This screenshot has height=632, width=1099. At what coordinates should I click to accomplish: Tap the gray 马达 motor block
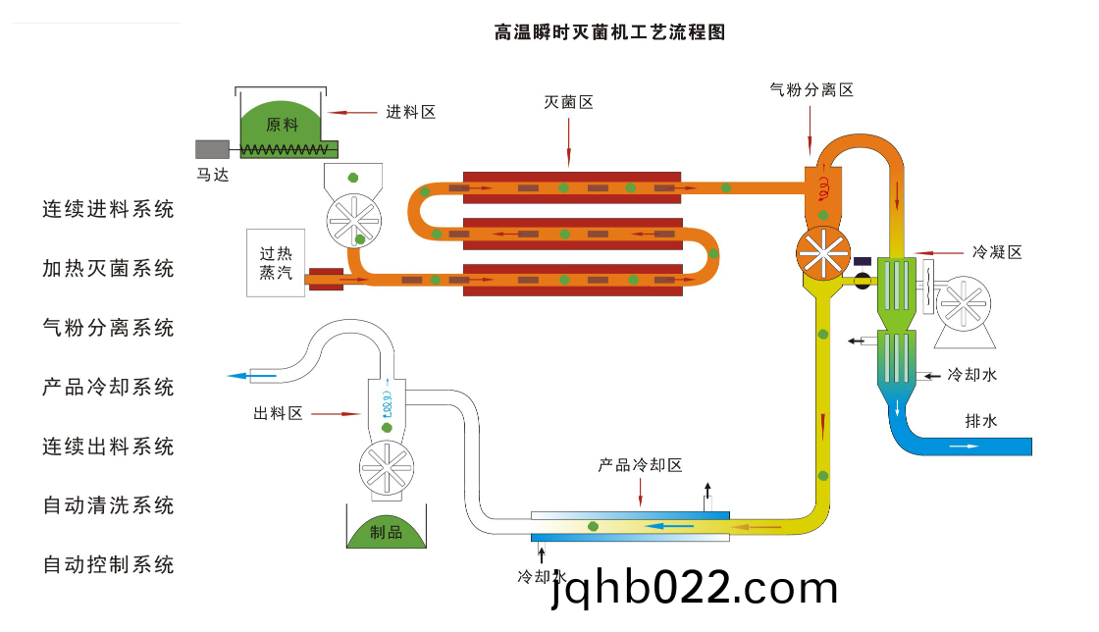[x=212, y=149]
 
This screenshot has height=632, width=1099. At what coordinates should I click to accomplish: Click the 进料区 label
[x=410, y=112]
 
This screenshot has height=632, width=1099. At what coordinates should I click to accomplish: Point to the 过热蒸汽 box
[x=276, y=263]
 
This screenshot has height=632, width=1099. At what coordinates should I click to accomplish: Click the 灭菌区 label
[x=569, y=102]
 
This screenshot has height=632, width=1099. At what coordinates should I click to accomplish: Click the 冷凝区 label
[x=997, y=252]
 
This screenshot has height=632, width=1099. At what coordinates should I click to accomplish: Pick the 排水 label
[x=981, y=421]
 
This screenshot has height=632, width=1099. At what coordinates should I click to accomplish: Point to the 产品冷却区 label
[x=640, y=465]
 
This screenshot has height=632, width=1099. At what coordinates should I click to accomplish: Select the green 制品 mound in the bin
[x=387, y=531]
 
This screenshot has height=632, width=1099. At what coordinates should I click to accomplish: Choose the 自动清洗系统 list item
[x=109, y=505]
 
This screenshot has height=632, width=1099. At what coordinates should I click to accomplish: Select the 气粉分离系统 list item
[x=109, y=328]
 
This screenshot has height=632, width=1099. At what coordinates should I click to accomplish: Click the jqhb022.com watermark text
[x=695, y=587]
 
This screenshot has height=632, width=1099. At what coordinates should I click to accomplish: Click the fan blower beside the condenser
[x=964, y=305]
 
